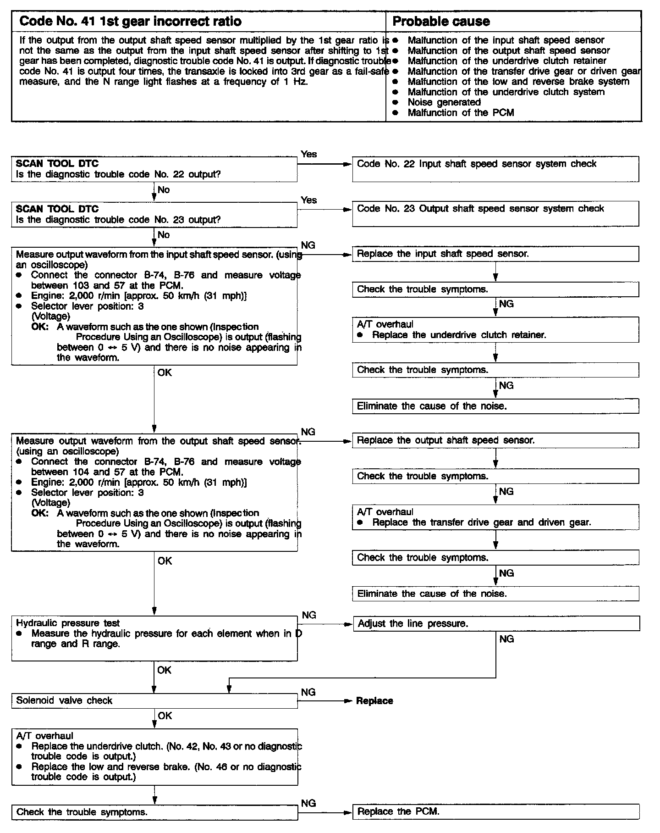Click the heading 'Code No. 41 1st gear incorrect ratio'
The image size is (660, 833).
pyautogui.click(x=131, y=21)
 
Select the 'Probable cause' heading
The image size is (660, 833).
pyautogui.click(x=441, y=21)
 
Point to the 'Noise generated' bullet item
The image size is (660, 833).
pyautogui.click(x=444, y=102)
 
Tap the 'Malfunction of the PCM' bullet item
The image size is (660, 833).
pyautogui.click(x=461, y=112)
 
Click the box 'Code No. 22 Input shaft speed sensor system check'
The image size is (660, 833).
pyautogui.click(x=495, y=169)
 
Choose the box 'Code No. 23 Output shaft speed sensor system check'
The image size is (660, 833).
pyautogui.click(x=495, y=214)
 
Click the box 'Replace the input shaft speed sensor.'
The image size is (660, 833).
pyautogui.click(x=495, y=254)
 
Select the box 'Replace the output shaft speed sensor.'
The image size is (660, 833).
pyautogui.click(x=495, y=440)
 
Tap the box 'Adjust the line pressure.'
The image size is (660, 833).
pyautogui.click(x=496, y=623)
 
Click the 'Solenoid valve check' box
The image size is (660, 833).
pyautogui.click(x=154, y=700)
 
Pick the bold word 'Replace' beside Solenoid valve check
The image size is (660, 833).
pyautogui.click(x=374, y=701)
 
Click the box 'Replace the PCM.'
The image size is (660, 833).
pyautogui.click(x=495, y=811)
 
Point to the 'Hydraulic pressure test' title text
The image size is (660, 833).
pyautogui.click(x=68, y=623)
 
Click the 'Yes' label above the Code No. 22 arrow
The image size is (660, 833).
pyautogui.click(x=309, y=154)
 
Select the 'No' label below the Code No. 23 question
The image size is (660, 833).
pyautogui.click(x=164, y=235)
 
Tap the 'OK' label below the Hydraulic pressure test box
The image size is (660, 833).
pyautogui.click(x=164, y=670)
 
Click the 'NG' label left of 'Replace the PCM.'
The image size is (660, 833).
pyautogui.click(x=308, y=803)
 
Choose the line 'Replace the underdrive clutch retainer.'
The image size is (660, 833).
pyautogui.click(x=459, y=335)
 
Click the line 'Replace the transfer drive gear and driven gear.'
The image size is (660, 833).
pyautogui.click(x=481, y=522)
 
